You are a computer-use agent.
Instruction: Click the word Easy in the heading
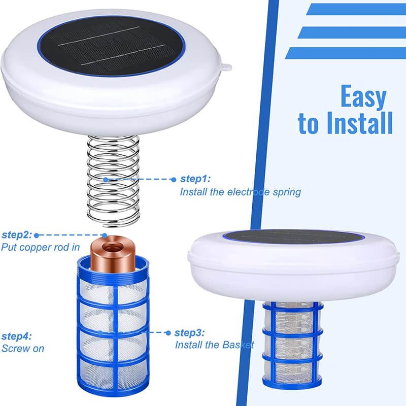(363, 97)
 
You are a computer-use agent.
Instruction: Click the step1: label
(195, 179)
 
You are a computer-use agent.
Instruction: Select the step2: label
(17, 235)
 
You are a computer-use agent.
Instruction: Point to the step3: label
(189, 333)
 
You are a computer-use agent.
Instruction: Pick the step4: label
(17, 336)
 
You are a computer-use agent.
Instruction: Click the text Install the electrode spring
(240, 192)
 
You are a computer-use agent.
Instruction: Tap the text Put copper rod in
(40, 248)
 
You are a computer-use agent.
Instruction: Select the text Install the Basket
(214, 345)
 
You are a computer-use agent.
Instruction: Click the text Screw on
(23, 349)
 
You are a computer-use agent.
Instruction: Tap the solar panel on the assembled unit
(293, 237)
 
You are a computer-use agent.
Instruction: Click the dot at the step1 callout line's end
(106, 179)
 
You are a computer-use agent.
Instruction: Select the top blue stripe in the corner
(355, 9)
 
